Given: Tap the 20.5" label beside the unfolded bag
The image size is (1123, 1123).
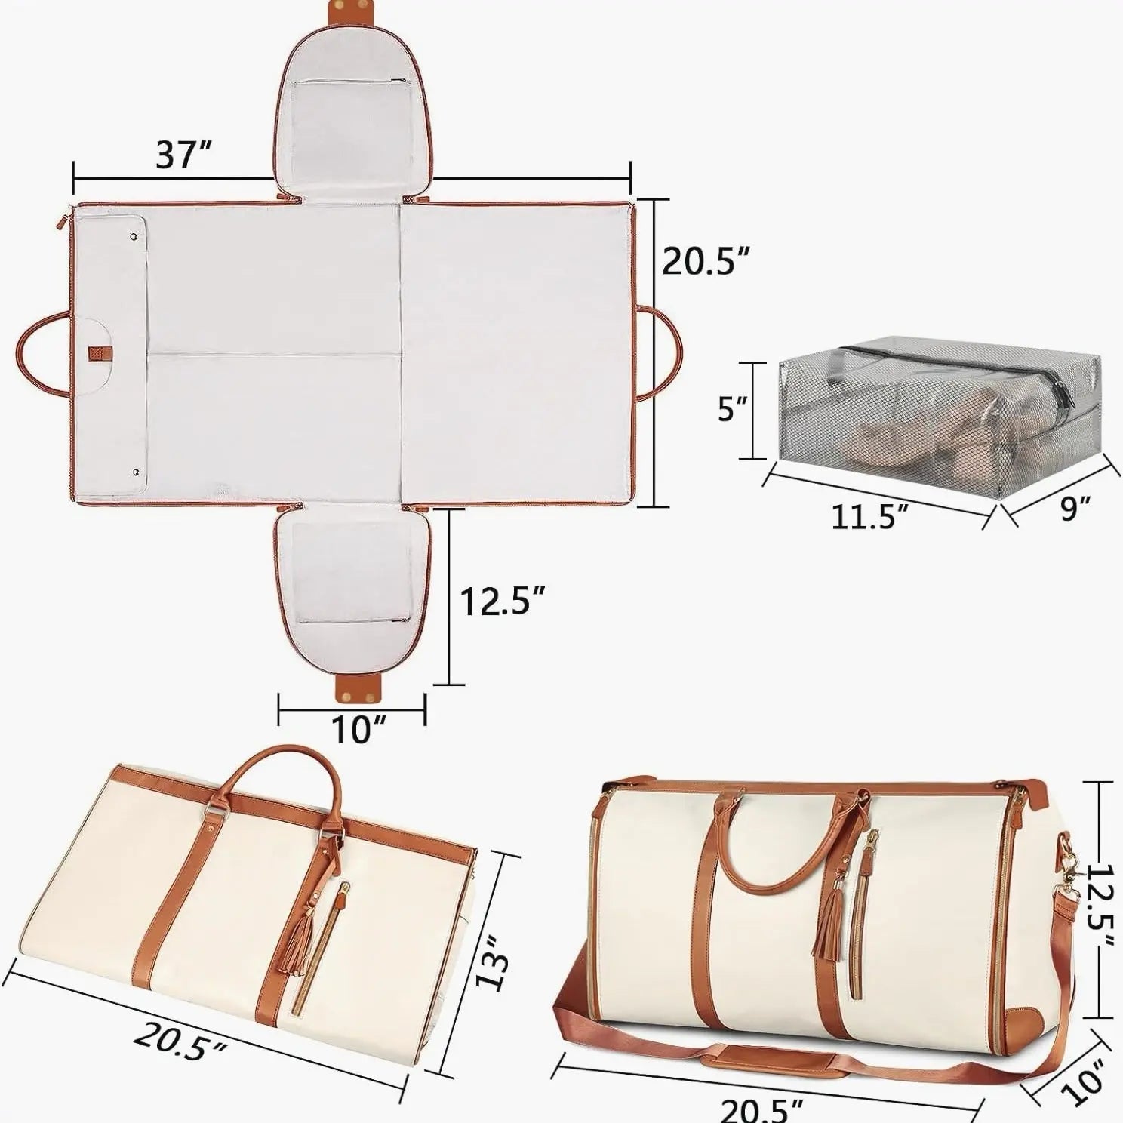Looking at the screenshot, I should click(x=706, y=261).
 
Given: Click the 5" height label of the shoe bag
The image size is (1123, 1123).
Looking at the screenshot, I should click(x=731, y=411).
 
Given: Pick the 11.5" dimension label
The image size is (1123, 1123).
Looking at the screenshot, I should click(x=869, y=516).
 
